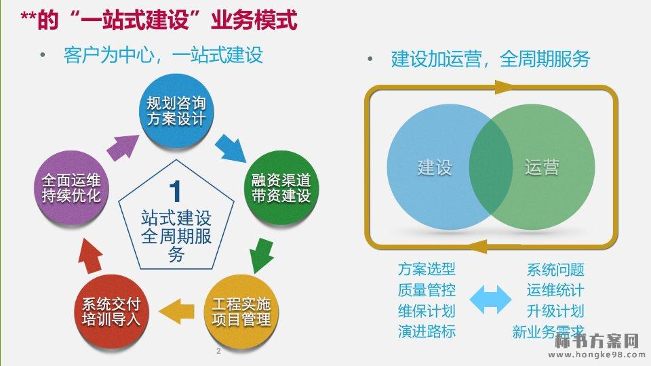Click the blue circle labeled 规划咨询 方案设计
tap(176, 111)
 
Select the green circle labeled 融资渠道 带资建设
tap(280, 188)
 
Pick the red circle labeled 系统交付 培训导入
tap(111, 311)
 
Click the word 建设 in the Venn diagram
tap(435, 167)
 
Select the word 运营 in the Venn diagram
tap(542, 167)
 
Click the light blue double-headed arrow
tap(490, 300)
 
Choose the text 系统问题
tap(555, 270)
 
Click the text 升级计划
tap(555, 311)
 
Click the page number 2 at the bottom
tap(218, 351)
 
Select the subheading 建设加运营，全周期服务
tap(490, 59)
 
